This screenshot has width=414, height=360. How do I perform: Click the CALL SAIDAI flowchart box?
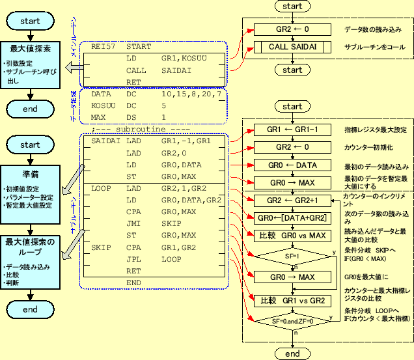pyautogui.click(x=292, y=47)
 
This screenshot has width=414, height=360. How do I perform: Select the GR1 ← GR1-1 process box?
pyautogui.click(x=292, y=130)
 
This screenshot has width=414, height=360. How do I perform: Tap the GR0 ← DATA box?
pyautogui.click(x=292, y=165)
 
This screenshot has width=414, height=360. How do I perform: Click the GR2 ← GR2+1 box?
pyautogui.click(x=292, y=201)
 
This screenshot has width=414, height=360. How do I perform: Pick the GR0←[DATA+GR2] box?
pyautogui.click(x=292, y=217)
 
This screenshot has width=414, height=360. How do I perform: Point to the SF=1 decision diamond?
pyautogui.click(x=292, y=257)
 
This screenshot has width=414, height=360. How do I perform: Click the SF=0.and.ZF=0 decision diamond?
pyautogui.click(x=292, y=321)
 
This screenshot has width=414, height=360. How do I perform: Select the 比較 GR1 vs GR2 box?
pyautogui.click(x=292, y=301)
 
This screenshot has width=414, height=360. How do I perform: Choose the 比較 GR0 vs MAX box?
pyautogui.click(x=292, y=236)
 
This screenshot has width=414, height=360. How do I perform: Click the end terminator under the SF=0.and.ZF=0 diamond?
pyautogui.click(x=292, y=353)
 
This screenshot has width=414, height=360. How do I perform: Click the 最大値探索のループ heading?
pyautogui.click(x=31, y=247)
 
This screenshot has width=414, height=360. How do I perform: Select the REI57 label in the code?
pyautogui.click(x=103, y=47)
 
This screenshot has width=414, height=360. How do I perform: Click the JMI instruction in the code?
pyautogui.click(x=133, y=223)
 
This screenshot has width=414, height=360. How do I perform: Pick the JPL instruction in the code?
pyautogui.click(x=133, y=258)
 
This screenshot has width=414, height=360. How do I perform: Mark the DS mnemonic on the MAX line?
pyautogui.click(x=131, y=117)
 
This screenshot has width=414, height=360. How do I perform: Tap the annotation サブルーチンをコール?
pyautogui.click(x=374, y=48)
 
